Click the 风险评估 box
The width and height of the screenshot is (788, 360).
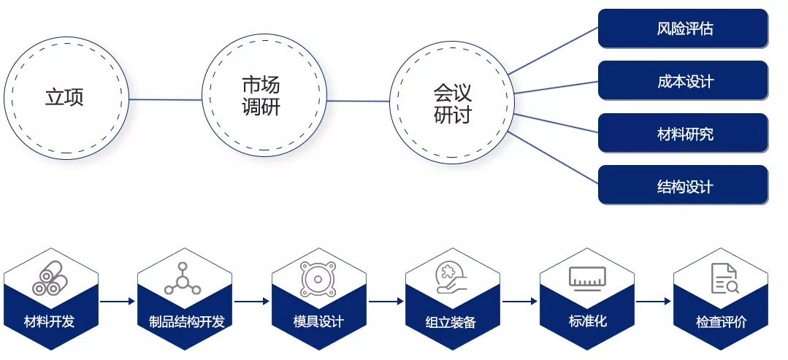click(683, 28)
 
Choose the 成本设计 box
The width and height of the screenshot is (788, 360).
click(683, 81)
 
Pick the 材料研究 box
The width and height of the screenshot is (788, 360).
click(683, 133)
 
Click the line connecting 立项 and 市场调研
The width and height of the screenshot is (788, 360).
click(165, 99)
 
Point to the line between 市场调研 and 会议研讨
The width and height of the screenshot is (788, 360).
click(359, 101)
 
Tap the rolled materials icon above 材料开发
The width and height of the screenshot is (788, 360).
click(50, 278)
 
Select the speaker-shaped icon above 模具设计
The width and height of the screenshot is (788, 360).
click(318, 278)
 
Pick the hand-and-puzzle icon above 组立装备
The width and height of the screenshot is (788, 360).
click(452, 277)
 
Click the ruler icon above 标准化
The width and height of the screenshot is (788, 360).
click(587, 278)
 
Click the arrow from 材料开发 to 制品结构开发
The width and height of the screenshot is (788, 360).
click(118, 301)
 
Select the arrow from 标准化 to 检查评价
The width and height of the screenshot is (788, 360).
click(654, 301)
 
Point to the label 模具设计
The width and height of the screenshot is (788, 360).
click(318, 321)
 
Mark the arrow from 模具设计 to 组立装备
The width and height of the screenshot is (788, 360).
click(386, 301)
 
